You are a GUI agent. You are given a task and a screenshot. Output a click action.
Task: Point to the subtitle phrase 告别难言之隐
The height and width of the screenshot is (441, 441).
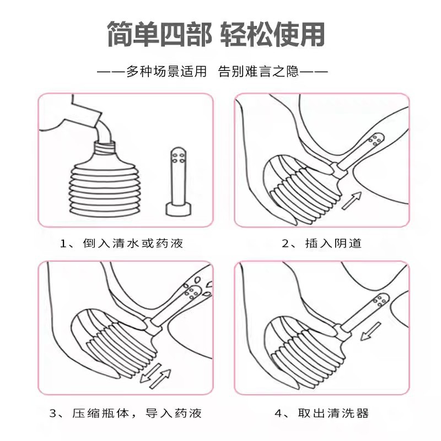[x=259, y=72]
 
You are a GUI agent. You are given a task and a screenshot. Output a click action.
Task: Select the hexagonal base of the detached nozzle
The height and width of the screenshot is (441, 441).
[x=178, y=209]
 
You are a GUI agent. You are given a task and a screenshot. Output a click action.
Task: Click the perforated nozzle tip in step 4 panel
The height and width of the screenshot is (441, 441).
[x=380, y=302]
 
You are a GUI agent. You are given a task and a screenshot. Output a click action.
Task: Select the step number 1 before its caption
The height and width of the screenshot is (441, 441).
[x=63, y=243]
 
